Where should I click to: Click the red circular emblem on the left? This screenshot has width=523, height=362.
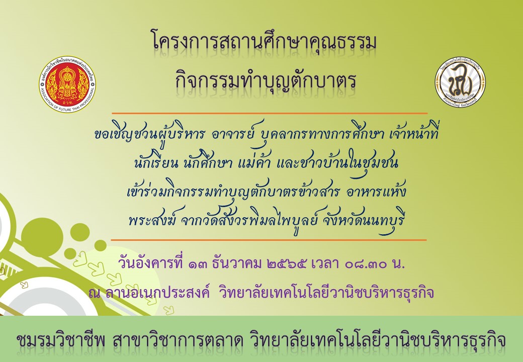point(67,84)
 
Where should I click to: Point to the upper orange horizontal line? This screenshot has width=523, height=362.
point(270,113)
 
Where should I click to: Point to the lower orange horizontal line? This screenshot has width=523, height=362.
point(269,240)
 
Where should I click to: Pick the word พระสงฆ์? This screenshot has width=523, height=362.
point(151,221)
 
